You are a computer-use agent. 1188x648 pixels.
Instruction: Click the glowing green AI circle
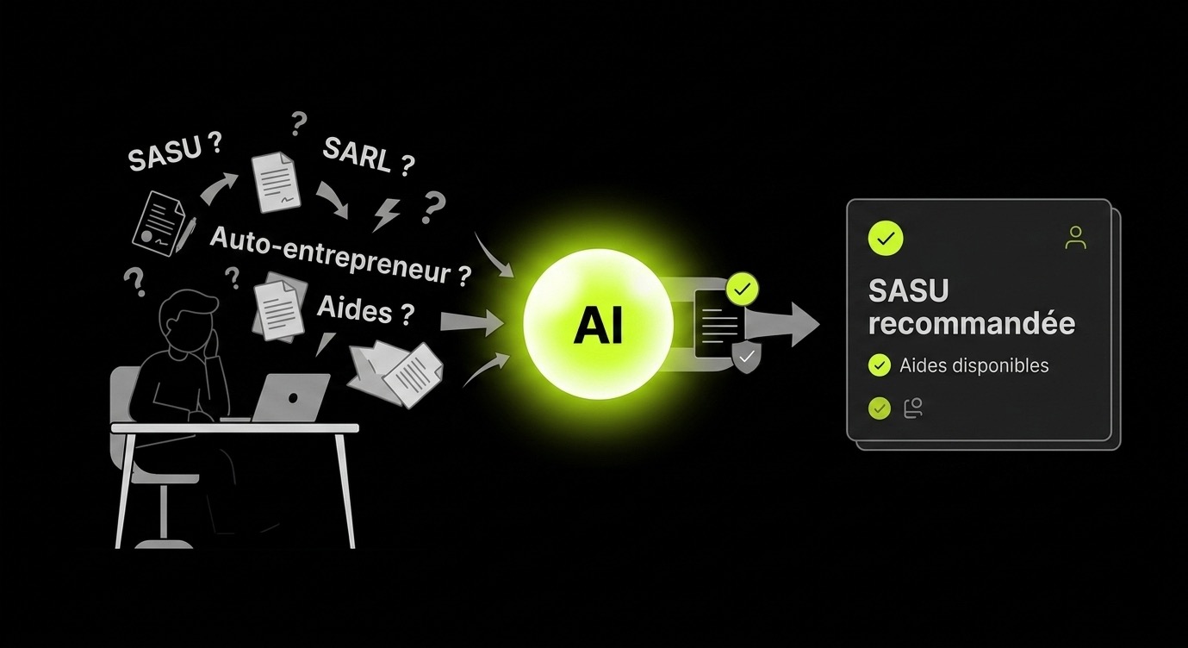coord(598,324)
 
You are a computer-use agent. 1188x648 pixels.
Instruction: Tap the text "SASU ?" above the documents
coord(175,153)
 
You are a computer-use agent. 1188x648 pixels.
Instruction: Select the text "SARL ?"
coord(369,156)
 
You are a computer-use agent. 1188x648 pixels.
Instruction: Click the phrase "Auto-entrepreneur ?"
coord(340,257)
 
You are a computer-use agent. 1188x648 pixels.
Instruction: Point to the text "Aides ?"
coord(365,309)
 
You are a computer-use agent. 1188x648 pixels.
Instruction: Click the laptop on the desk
coord(290,397)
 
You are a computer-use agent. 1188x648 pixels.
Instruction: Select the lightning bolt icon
coord(386,215)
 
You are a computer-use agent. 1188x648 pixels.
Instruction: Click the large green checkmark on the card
coord(885,239)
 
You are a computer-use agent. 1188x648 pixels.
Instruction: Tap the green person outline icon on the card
coord(1075,238)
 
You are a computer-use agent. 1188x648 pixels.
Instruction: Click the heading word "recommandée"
coord(972,323)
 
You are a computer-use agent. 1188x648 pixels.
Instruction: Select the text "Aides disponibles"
coord(974,365)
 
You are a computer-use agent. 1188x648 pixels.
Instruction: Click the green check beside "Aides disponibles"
coord(880,365)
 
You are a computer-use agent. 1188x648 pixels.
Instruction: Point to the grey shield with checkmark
coord(746,358)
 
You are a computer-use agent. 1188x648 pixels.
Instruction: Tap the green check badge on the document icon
coord(743,289)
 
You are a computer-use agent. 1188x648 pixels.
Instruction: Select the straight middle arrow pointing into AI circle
coord(472,322)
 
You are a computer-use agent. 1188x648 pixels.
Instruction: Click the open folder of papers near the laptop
coord(396,373)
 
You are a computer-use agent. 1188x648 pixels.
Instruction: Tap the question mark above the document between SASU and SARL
coord(299,123)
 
